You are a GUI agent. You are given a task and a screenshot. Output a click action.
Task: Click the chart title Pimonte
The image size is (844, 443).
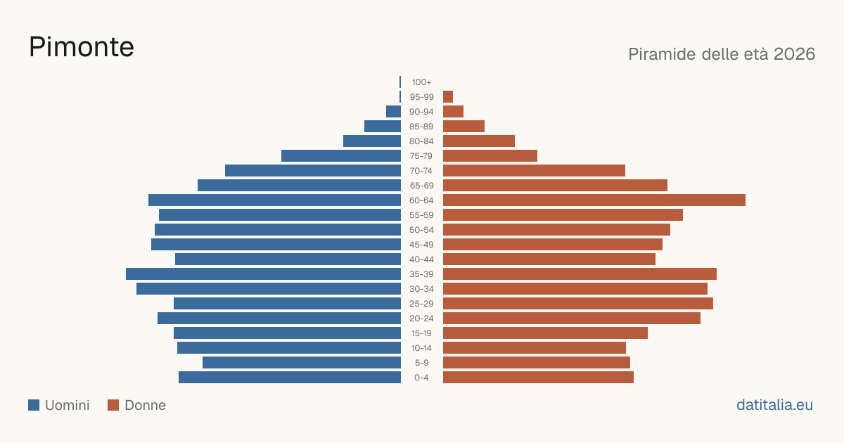pos(82,47)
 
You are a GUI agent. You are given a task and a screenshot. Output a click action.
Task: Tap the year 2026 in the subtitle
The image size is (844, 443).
pos(794,54)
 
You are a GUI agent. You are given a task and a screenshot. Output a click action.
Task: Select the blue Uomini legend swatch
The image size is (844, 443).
pos(34,405)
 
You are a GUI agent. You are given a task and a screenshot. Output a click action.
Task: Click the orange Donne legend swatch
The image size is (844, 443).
pos(113,405)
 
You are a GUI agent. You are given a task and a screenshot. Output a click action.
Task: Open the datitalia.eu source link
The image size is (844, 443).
pos(774,405)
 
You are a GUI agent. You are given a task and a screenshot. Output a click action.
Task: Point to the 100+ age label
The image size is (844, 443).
pos(421,82)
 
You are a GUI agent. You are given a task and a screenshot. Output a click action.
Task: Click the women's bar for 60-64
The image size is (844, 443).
pos(594,200)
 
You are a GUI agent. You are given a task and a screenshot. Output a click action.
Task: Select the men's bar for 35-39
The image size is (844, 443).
pos(263,274)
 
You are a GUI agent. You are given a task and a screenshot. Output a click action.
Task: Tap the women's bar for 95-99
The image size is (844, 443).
pos(448,97)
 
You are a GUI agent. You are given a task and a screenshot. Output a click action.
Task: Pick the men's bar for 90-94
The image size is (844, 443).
pos(393,112)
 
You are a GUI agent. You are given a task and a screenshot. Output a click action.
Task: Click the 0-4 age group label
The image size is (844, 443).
pos(421,378)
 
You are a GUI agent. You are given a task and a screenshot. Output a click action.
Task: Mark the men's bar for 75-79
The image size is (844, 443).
pos(341,156)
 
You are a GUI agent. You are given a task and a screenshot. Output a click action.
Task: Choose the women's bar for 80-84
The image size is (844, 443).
pos(479,141)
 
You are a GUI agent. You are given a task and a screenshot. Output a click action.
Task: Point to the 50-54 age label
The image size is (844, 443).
pos(421,230)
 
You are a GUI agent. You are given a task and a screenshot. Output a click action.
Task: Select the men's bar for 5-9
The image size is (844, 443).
pos(302,363)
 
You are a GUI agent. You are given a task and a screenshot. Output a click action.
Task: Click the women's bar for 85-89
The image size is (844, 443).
pos(463,126)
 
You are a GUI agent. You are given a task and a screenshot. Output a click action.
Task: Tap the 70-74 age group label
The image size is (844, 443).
pos(421,171)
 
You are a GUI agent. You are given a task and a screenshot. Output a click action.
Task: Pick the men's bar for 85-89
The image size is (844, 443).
pos(383,126)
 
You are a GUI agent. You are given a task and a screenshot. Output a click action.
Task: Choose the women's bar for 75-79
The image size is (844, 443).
pos(490,156)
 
